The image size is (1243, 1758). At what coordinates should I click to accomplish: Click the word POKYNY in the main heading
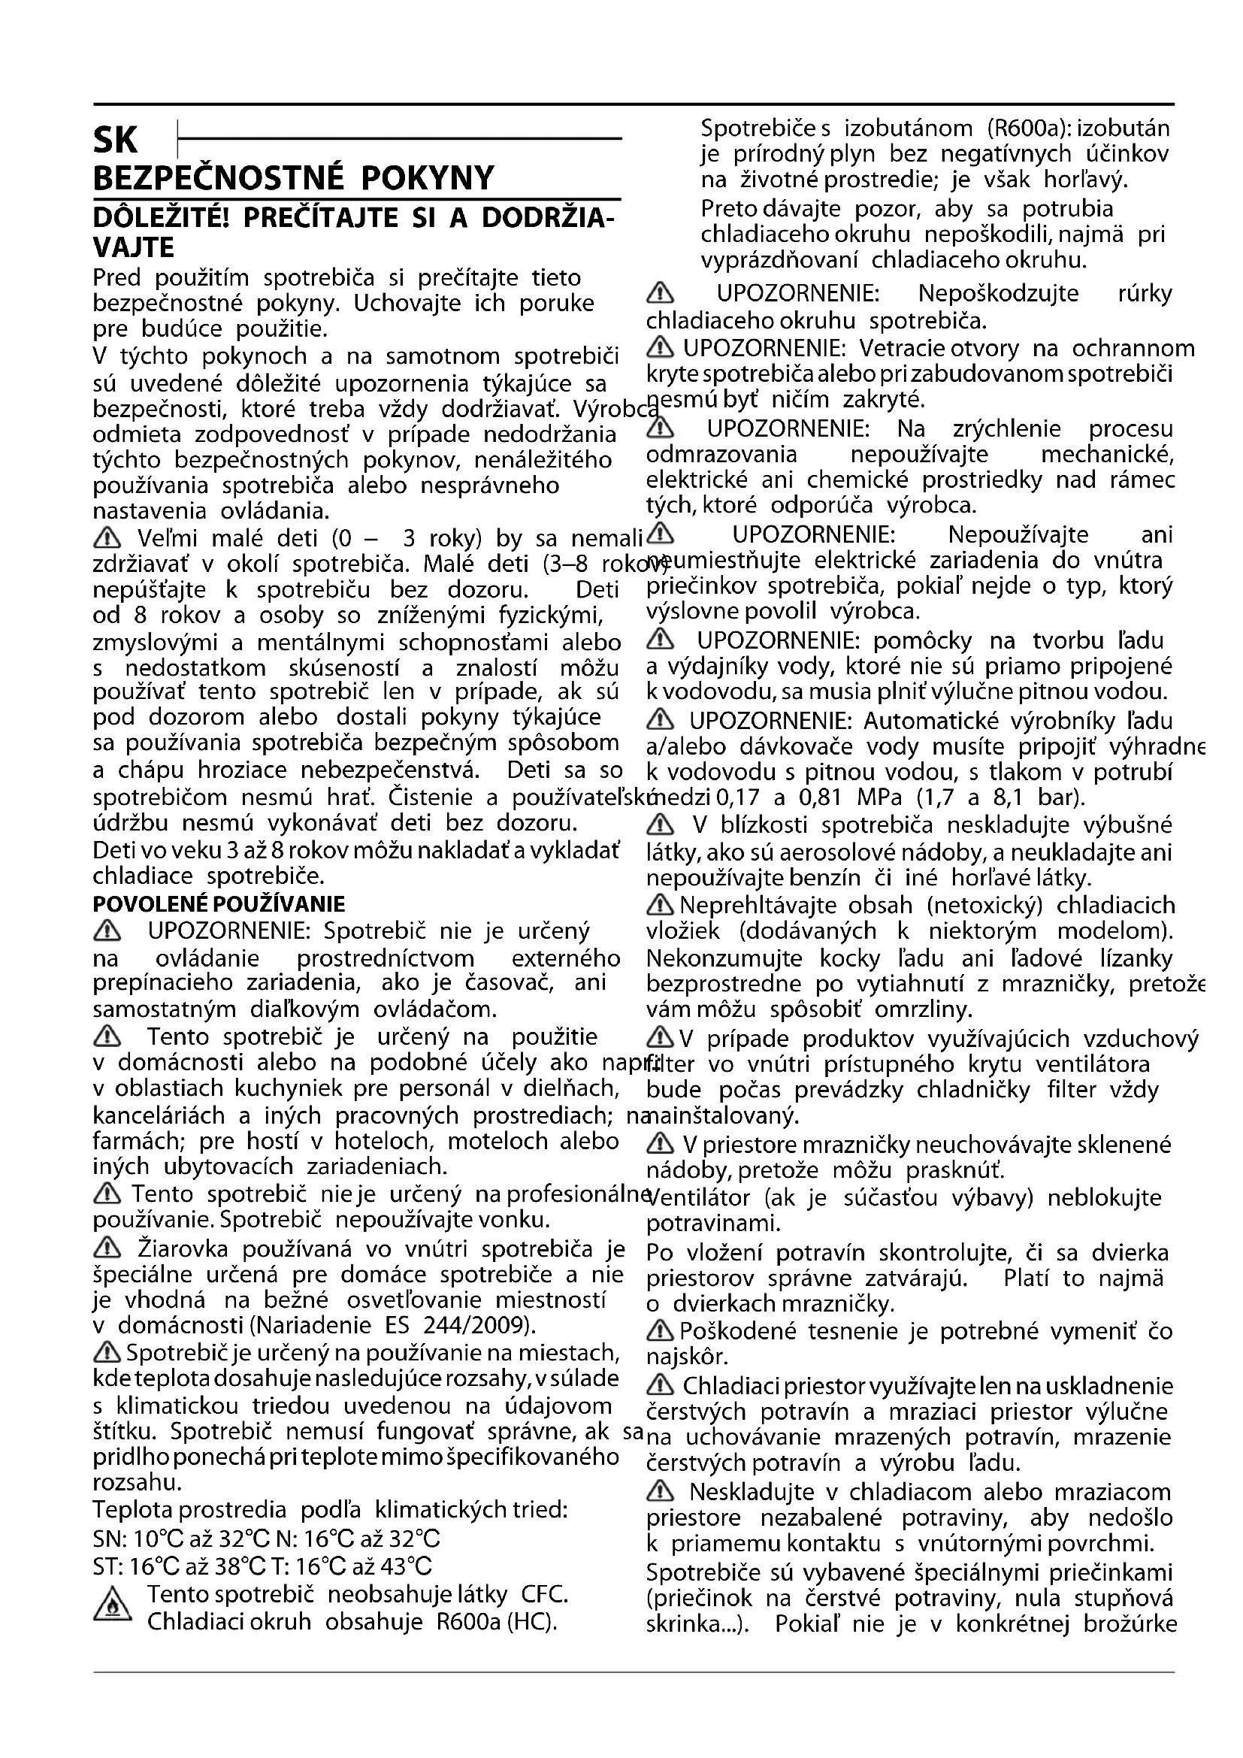click(x=427, y=177)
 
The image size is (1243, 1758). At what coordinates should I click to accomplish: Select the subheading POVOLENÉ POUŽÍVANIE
click(x=218, y=904)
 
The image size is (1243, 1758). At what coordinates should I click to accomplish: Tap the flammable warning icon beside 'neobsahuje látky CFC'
click(x=112, y=1609)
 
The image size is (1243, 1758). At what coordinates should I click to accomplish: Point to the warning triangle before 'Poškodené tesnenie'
click(x=660, y=1332)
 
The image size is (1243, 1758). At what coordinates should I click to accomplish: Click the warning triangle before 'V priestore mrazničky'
click(x=660, y=1145)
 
